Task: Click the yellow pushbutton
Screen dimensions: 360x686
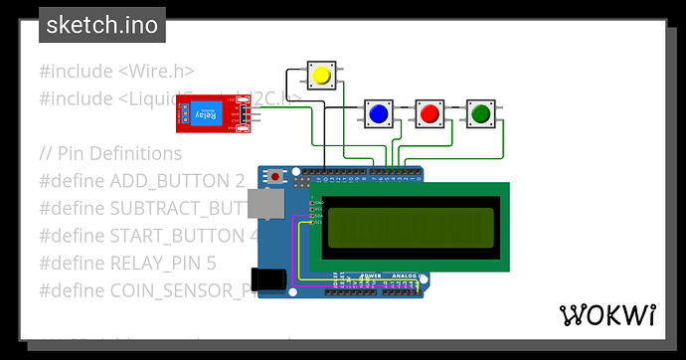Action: point(321,76)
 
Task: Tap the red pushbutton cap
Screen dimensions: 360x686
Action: point(429,114)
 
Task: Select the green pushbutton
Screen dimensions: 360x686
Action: point(481,114)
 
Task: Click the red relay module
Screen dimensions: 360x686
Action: point(217,111)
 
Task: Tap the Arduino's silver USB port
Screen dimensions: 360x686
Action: point(263,204)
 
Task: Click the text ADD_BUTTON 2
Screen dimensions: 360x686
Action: point(141,181)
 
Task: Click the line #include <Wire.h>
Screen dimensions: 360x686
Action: point(116,71)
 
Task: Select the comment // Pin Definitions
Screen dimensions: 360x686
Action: point(110,153)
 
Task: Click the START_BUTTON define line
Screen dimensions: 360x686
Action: point(139,236)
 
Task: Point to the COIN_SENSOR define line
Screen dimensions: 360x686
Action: point(145,290)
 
